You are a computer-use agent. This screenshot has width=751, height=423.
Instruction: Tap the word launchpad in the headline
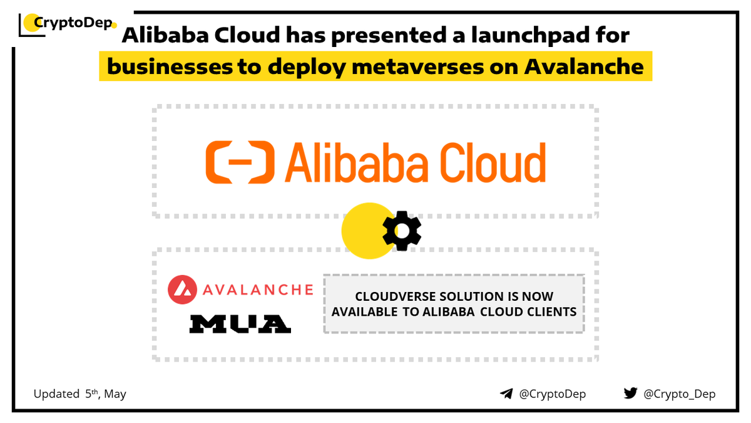point(500,36)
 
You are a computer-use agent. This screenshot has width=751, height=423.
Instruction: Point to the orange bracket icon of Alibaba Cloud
point(240,163)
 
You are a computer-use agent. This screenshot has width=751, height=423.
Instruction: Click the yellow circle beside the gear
point(365,231)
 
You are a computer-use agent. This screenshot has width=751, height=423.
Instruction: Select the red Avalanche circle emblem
point(181,290)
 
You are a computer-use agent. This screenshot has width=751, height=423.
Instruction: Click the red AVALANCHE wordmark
point(257,290)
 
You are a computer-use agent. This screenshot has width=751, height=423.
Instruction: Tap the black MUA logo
point(240,323)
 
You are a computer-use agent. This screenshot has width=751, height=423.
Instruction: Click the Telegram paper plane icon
point(506,394)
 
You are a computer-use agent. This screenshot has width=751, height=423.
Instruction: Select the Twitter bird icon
point(630,394)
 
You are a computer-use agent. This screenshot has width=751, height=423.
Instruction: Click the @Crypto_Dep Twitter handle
point(680,394)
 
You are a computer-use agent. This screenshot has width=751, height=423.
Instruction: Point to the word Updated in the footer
point(56,394)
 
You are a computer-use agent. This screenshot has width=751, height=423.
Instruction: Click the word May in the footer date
point(115,394)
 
